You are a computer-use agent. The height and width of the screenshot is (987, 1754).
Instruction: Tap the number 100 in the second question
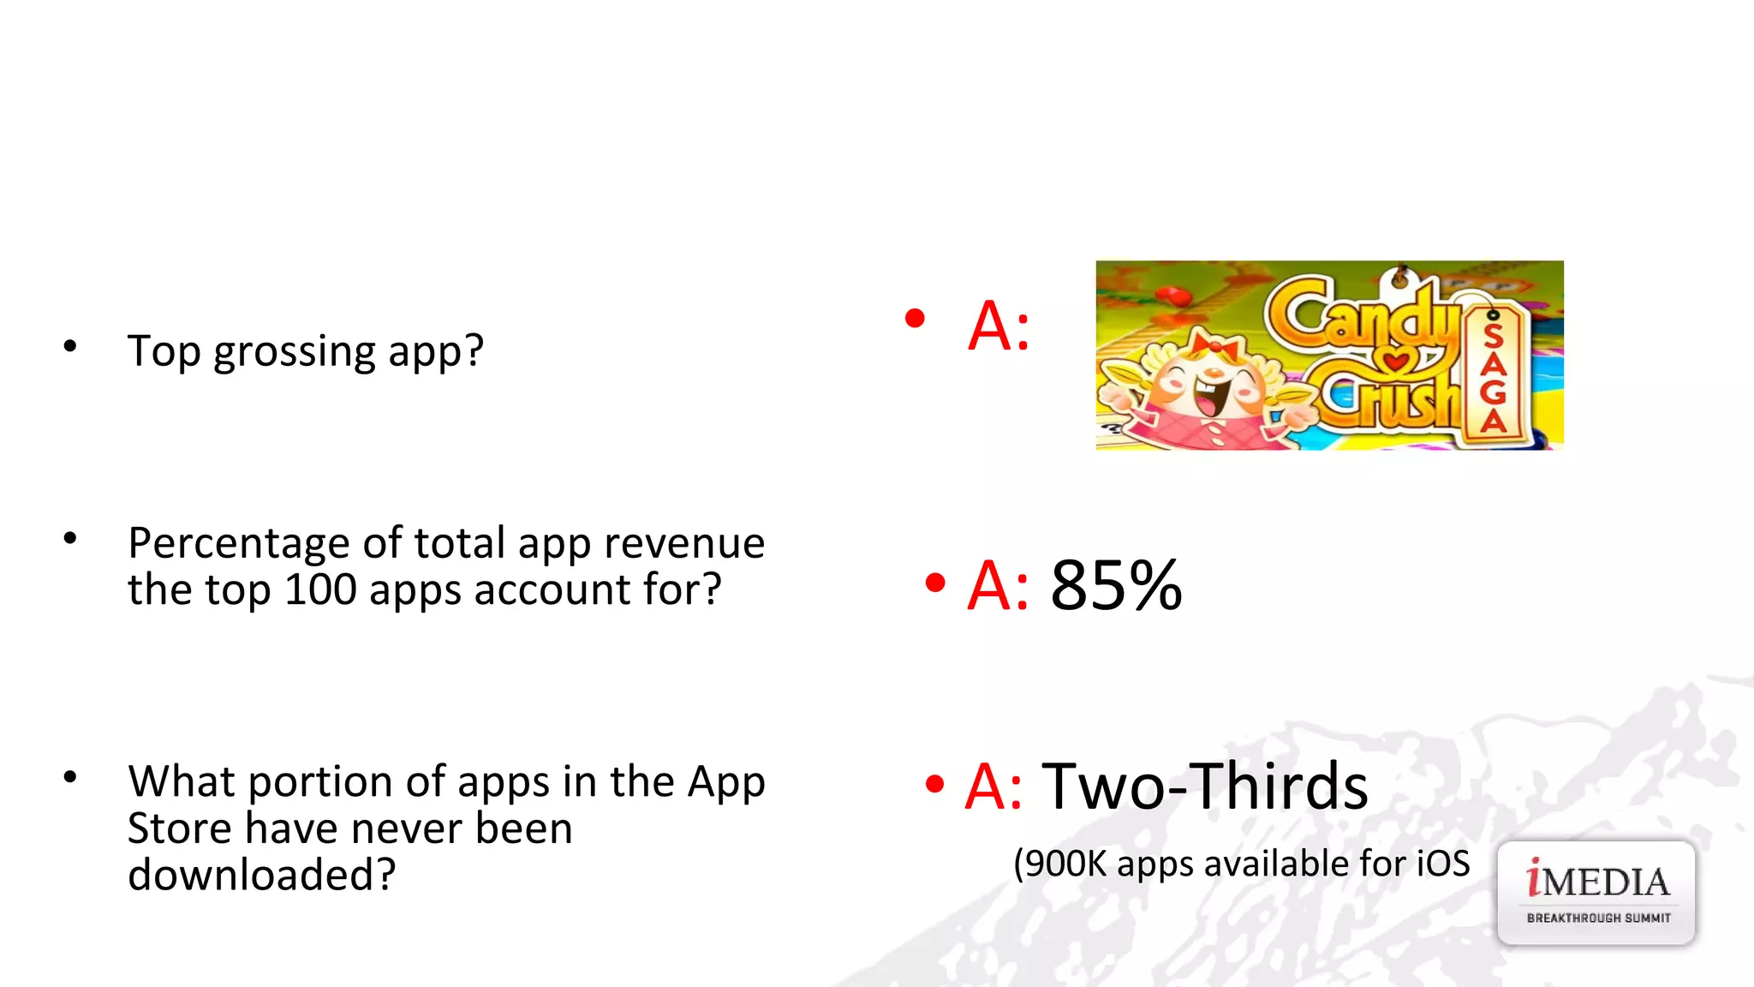click(320, 590)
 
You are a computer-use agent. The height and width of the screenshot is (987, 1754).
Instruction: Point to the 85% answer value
click(1116, 586)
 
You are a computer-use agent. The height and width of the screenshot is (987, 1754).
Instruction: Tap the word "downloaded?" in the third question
click(262, 875)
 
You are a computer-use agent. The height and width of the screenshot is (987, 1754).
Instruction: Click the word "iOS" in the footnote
click(1443, 863)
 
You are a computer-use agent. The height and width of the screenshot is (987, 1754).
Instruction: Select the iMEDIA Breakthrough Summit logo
click(1596, 893)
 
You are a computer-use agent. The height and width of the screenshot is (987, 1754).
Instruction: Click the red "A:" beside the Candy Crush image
click(999, 326)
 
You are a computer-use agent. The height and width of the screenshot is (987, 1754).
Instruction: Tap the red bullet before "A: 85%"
click(935, 583)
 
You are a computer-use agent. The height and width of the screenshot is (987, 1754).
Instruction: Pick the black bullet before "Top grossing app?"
click(70, 346)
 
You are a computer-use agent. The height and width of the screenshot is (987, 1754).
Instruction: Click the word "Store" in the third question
click(179, 828)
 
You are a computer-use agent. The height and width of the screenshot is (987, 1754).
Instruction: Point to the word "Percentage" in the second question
click(238, 543)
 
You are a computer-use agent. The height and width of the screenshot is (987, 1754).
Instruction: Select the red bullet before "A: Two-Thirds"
click(934, 783)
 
